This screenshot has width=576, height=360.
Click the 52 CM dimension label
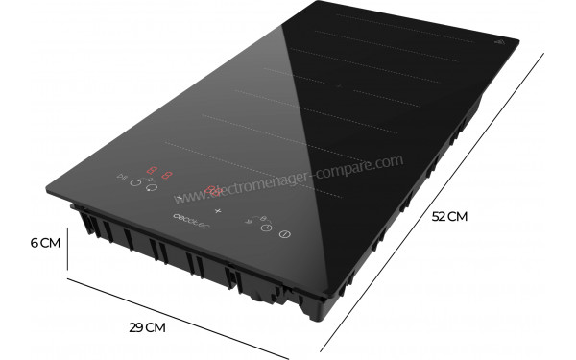tap(449, 217)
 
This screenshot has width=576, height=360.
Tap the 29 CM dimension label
tap(148, 327)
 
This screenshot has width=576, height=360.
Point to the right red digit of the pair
tap(167, 177)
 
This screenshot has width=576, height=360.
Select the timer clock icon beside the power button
tap(267, 228)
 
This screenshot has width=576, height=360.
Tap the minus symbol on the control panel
tap(179, 198)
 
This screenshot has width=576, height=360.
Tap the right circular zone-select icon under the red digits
tap(151, 188)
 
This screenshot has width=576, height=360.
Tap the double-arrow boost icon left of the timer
tap(249, 222)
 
